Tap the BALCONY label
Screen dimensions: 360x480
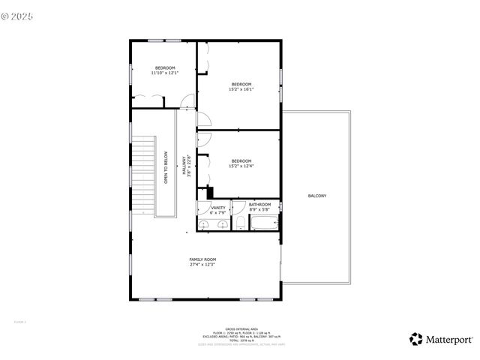pos(317,196)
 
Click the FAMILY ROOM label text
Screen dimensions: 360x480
pos(202,259)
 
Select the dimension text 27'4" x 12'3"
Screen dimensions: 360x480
pos(202,265)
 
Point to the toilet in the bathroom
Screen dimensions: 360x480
pos(239,223)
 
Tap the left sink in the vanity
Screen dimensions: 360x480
pos(204,225)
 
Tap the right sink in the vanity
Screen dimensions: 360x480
pos(221,225)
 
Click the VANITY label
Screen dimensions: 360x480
pos(218,208)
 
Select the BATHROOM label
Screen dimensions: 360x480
pos(260,204)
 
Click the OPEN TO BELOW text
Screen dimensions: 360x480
pos(166,168)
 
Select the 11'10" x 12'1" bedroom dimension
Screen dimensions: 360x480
pos(163,73)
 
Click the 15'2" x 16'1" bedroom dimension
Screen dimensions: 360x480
pos(241,89)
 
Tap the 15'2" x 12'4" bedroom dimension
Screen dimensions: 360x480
pos(241,166)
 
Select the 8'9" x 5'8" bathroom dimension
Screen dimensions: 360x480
pos(260,209)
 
